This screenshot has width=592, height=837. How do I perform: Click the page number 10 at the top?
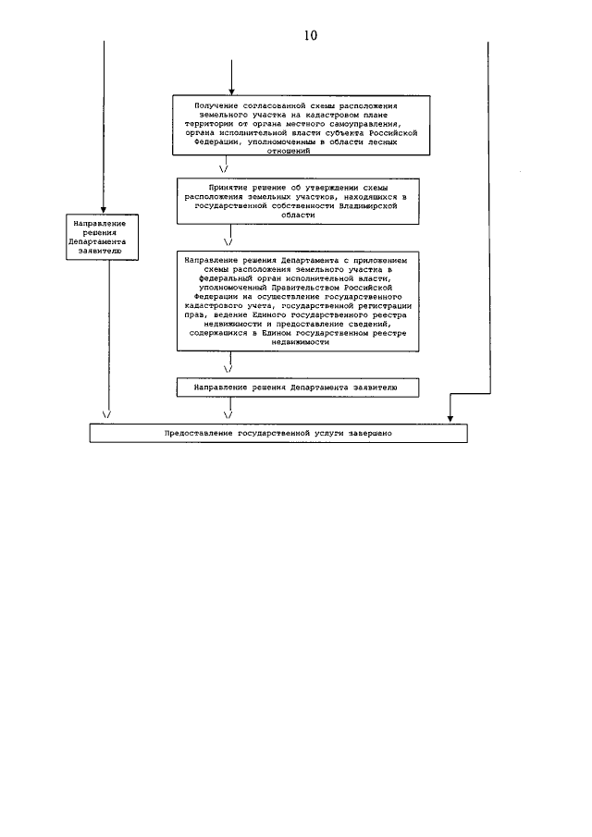(309, 36)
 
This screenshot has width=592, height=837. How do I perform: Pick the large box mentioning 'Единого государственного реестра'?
(301, 302)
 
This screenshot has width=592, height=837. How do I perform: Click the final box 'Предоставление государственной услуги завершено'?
(278, 433)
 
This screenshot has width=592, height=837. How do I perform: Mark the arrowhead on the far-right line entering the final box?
(452, 419)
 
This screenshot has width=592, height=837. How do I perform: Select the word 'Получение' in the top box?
(215, 105)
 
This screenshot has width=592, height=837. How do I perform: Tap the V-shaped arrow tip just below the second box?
(228, 240)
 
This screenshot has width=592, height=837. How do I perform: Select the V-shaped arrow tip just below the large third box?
(227, 367)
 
